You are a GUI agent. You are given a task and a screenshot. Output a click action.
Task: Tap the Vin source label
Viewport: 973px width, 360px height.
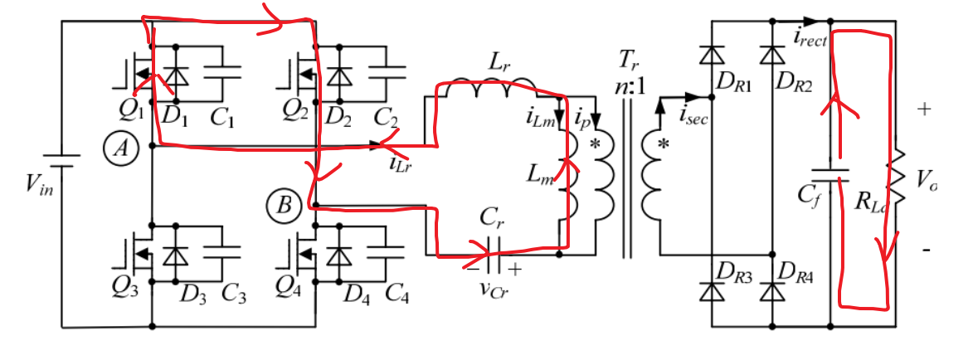(x=32, y=183)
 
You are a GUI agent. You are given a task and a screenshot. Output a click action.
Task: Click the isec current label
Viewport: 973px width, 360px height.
(x=693, y=119)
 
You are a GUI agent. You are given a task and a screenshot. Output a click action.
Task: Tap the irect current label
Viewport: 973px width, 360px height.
(x=810, y=36)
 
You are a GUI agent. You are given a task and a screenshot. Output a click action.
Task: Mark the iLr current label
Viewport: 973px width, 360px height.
(x=401, y=163)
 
